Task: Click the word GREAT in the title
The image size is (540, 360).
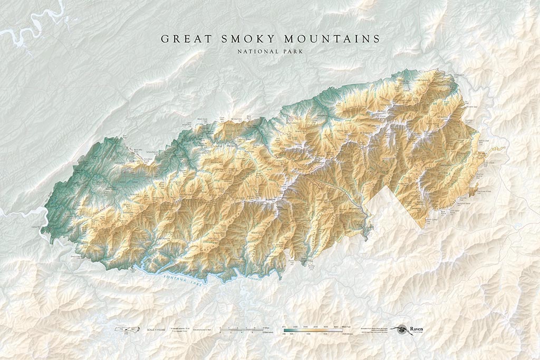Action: [182, 39]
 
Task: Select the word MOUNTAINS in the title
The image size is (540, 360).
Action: [332, 39]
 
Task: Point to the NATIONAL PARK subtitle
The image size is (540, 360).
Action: [270, 52]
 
